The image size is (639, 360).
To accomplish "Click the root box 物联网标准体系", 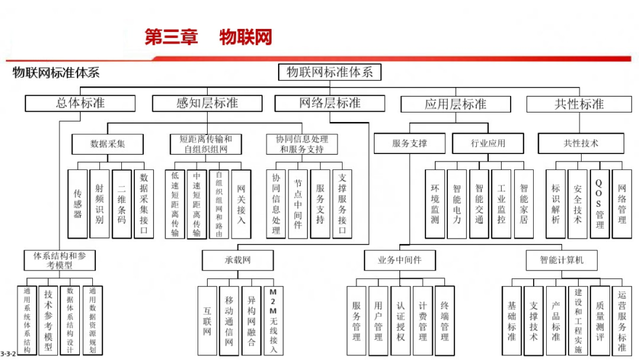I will [330, 72].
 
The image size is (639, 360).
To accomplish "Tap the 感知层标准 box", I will [206, 103].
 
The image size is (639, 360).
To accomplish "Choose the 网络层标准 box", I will [330, 103].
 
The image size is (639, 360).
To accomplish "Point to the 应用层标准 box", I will [455, 104].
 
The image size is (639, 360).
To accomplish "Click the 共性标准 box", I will [579, 104].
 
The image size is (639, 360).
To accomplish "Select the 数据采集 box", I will [108, 143].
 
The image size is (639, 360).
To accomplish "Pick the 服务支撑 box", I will [409, 143].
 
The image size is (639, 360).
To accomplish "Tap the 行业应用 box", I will [488, 143].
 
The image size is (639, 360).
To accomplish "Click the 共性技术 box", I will [580, 143].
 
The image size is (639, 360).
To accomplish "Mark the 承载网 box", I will [237, 260].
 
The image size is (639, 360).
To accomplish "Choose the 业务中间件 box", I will [400, 260].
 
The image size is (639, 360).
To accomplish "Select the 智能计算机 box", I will [561, 260].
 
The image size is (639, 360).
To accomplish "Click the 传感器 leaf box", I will [78, 204].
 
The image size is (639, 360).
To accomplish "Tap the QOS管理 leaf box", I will [599, 204].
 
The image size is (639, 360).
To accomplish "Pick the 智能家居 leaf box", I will [524, 204].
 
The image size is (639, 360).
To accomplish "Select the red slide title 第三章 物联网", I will [208, 37].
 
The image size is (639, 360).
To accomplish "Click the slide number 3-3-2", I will [8, 352].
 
